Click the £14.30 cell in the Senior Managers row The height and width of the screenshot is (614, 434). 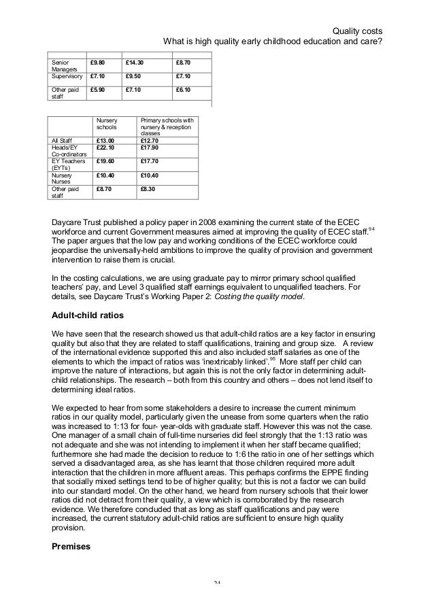point(135,63)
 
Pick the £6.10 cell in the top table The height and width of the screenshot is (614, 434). point(182,89)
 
